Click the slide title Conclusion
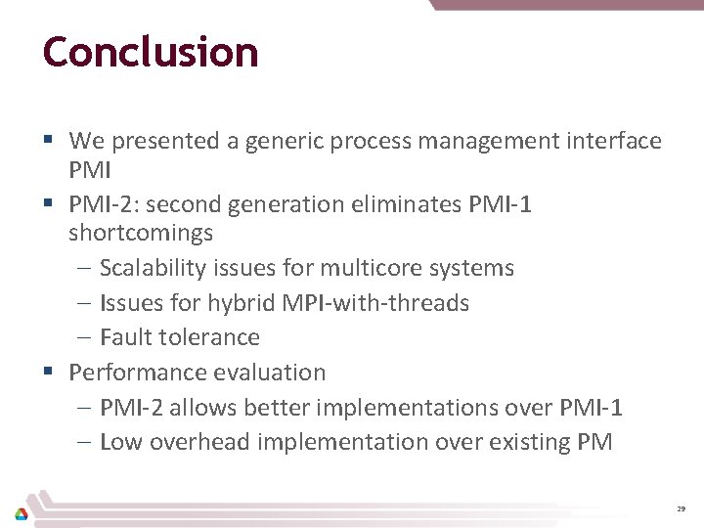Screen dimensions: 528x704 (151, 52)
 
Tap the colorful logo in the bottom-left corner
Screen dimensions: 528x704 (21, 513)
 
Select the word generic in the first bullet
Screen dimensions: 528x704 (286, 142)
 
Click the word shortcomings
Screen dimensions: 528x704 (141, 234)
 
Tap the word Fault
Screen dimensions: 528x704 (124, 337)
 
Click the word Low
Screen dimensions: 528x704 (120, 442)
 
